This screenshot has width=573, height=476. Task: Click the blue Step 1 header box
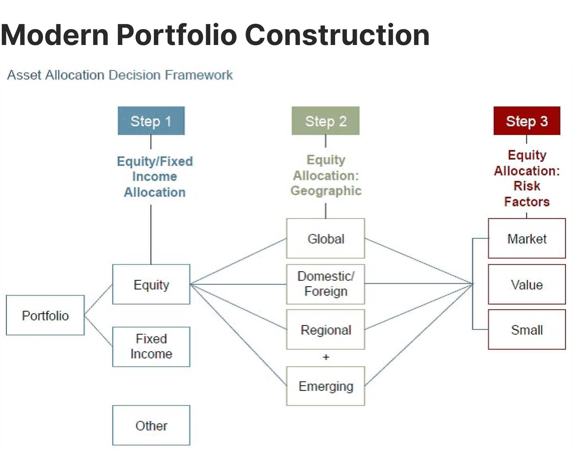pyautogui.click(x=151, y=121)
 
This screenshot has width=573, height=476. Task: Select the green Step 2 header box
pyautogui.click(x=325, y=121)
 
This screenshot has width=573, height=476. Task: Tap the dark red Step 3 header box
pyautogui.click(x=527, y=121)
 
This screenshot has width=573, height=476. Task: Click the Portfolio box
pyautogui.click(x=45, y=315)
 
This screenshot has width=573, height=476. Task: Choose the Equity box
pyautogui.click(x=151, y=284)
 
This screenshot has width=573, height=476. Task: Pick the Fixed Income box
pyautogui.click(x=151, y=346)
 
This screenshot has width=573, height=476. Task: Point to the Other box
pyautogui.click(x=151, y=425)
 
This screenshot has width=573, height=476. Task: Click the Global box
pyautogui.click(x=325, y=238)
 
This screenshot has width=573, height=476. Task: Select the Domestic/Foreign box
pyautogui.click(x=325, y=284)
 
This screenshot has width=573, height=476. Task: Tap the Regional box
pyautogui.click(x=325, y=329)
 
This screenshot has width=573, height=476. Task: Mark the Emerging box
pyautogui.click(x=325, y=386)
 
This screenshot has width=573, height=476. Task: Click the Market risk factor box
pyautogui.click(x=527, y=238)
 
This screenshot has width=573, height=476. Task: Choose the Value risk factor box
pyautogui.click(x=527, y=284)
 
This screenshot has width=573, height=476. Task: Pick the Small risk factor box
pyautogui.click(x=527, y=329)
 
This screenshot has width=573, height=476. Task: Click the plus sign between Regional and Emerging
pyautogui.click(x=326, y=357)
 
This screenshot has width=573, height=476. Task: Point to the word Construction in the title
pyautogui.click(x=337, y=35)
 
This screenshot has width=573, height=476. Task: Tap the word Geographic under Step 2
pyautogui.click(x=326, y=191)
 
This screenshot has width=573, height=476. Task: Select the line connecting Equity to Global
pyautogui.click(x=239, y=261)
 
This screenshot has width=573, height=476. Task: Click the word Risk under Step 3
pyautogui.click(x=527, y=186)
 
